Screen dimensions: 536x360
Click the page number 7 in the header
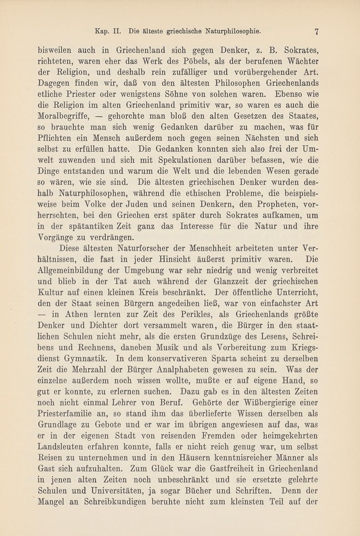click(x=317, y=32)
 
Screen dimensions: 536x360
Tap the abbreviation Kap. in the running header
click(x=103, y=32)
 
